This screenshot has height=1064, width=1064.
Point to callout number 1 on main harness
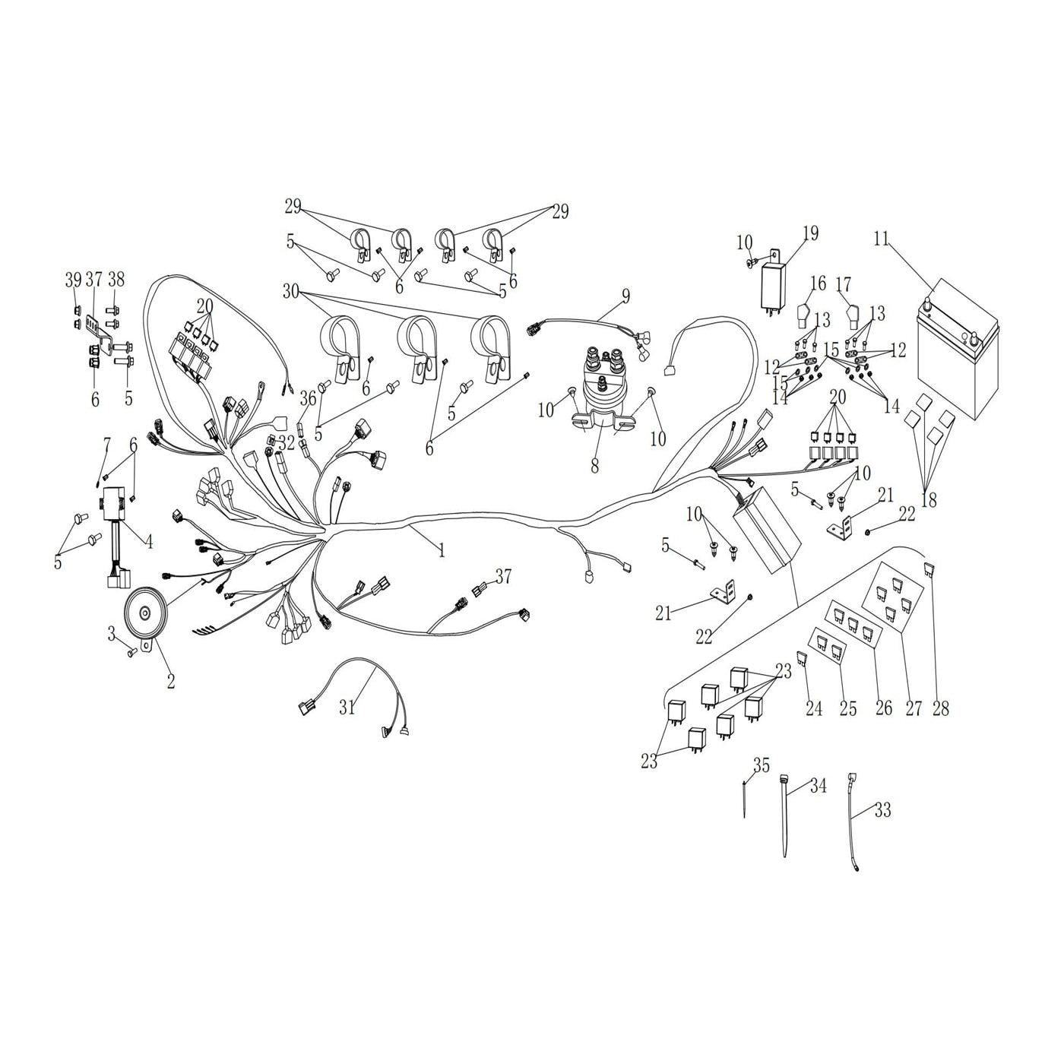pyautogui.click(x=441, y=550)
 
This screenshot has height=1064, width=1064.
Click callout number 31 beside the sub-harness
pyautogui.click(x=347, y=708)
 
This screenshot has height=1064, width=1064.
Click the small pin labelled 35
pyautogui.click(x=744, y=801)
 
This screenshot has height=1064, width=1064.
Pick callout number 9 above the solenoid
pyautogui.click(x=625, y=296)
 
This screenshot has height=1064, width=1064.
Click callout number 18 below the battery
pyautogui.click(x=929, y=499)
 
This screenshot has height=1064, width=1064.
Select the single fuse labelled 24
pyautogui.click(x=803, y=658)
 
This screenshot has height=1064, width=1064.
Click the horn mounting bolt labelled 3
pyautogui.click(x=132, y=652)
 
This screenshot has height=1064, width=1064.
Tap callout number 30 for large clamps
pyautogui.click(x=290, y=291)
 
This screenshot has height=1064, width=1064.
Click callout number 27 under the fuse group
pyautogui.click(x=914, y=708)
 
